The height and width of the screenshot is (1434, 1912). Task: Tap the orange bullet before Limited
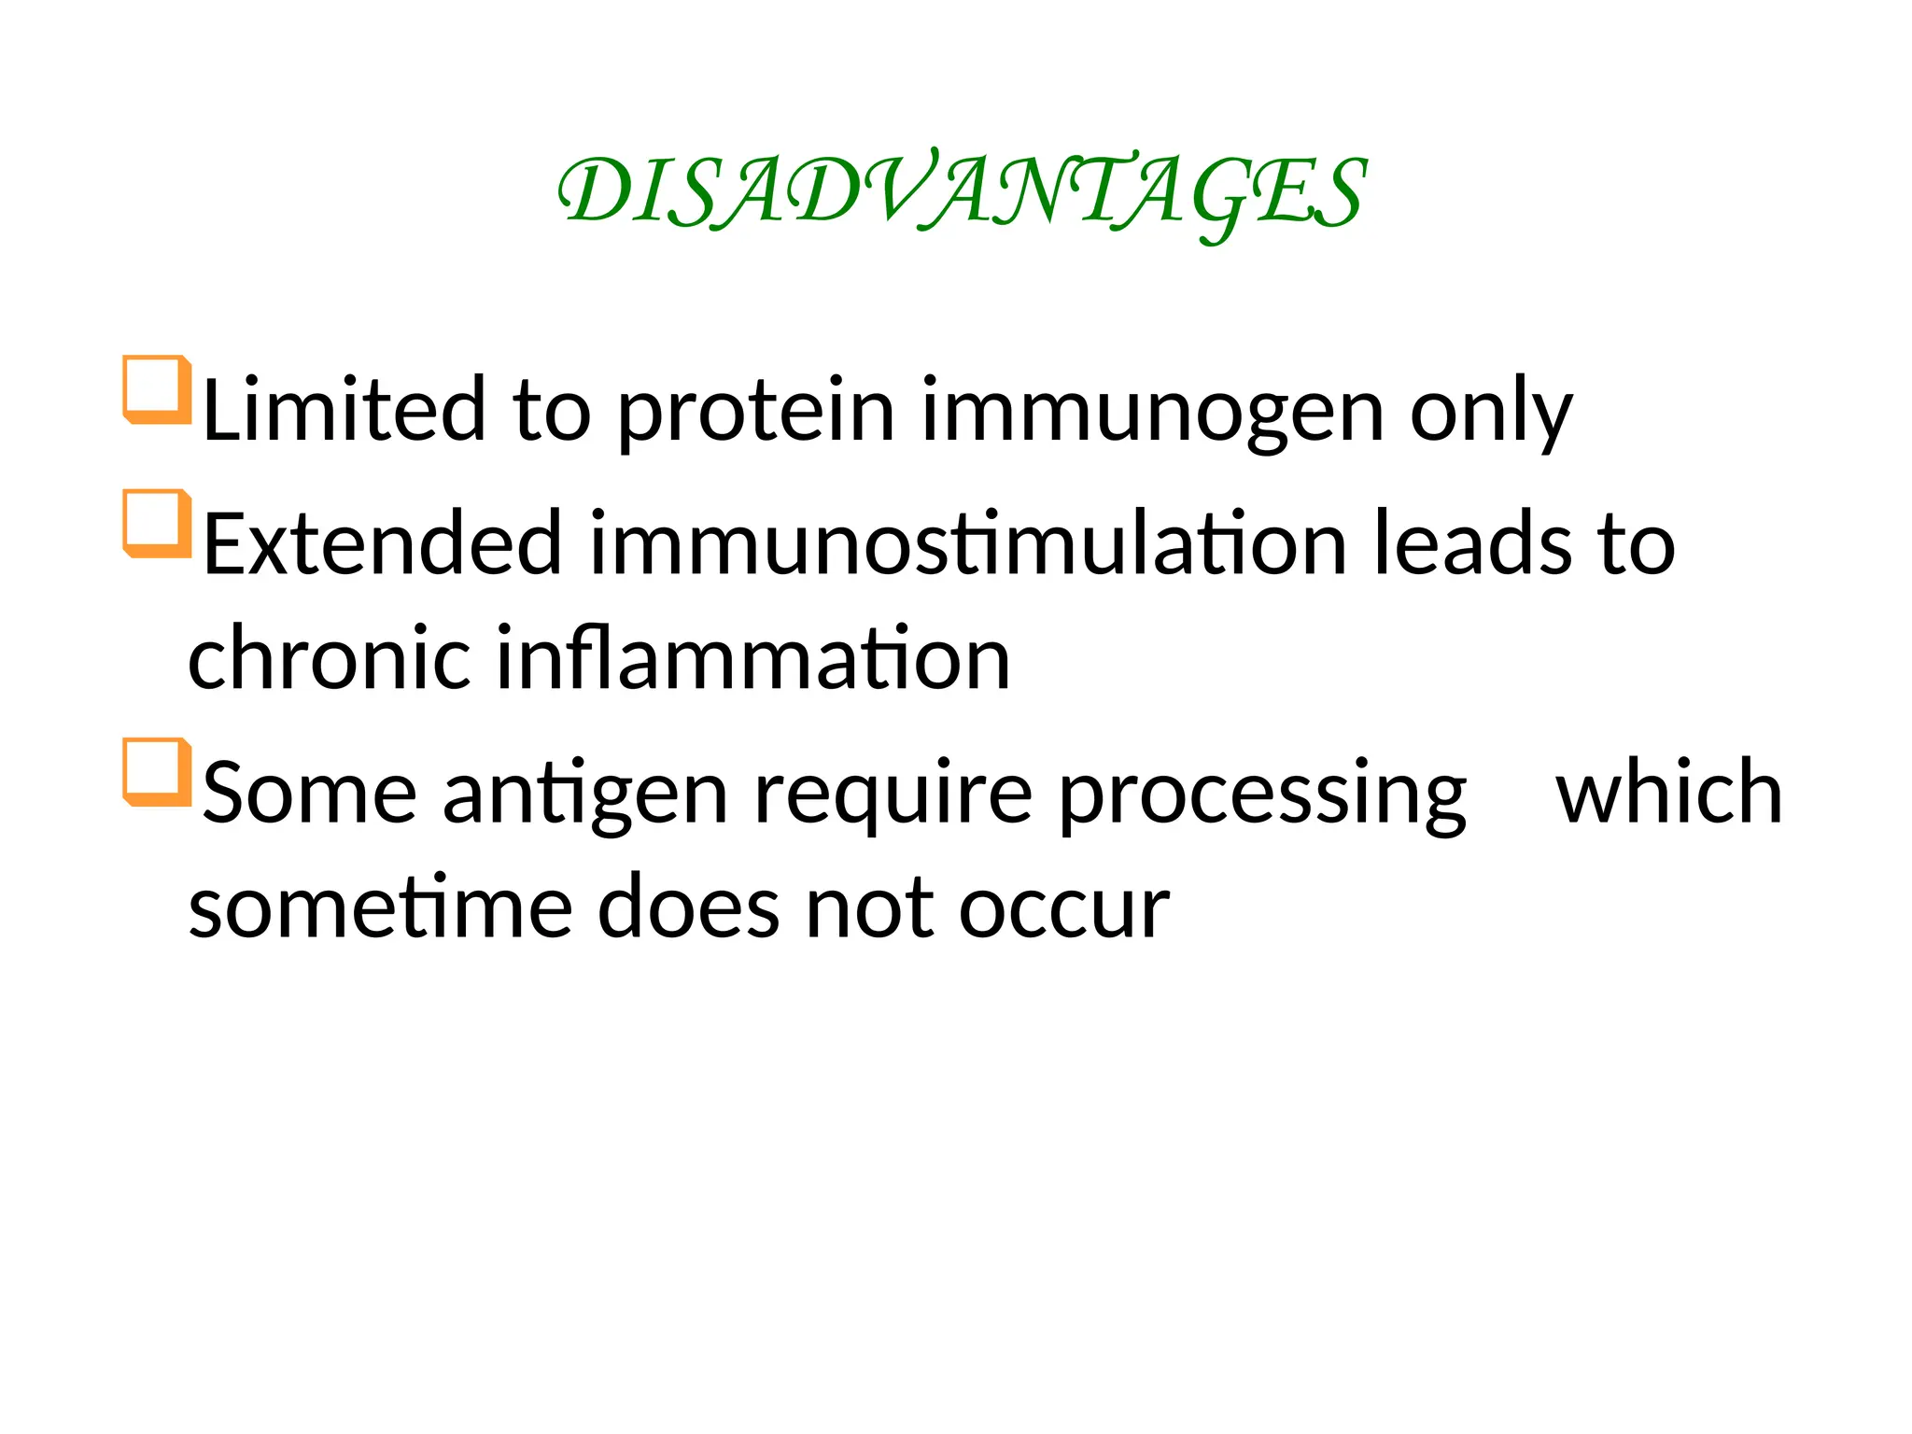pos(156,389)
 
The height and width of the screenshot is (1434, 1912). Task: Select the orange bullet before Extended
pos(156,523)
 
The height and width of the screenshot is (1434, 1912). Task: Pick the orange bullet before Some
pos(156,772)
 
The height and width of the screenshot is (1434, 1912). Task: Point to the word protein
pos(755,411)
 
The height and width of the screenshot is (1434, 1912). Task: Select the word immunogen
pos(1152,411)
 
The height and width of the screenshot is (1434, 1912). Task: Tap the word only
pos(1491,411)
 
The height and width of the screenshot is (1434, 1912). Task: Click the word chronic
pos(329,658)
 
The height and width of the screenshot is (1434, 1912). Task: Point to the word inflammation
pos(752,658)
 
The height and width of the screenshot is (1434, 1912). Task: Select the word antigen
pos(584,794)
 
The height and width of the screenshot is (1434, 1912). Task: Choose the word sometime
pos(380,907)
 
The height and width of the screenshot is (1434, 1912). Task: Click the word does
pos(688,907)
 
